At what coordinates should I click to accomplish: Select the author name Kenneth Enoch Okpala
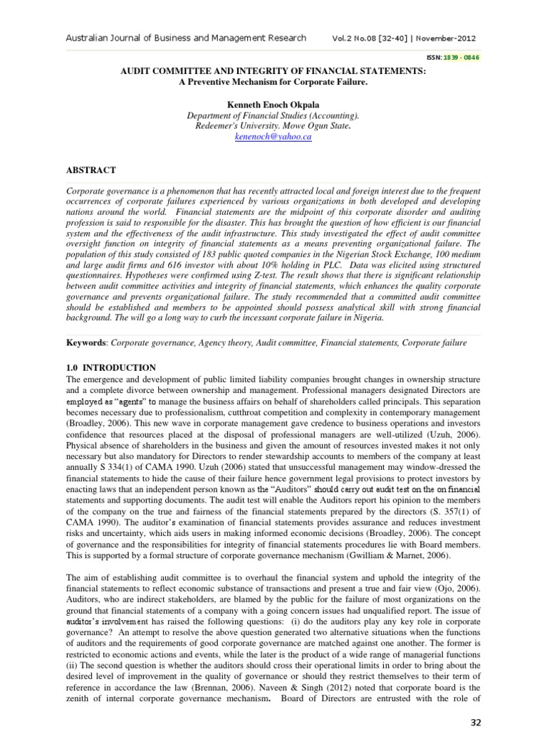tap(273, 105)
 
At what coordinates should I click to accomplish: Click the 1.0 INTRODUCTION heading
tap(110, 367)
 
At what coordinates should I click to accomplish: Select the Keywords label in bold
tap(85, 342)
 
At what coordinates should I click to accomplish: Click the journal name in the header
tap(186, 38)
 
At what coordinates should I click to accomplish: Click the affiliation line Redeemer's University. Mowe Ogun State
tap(273, 125)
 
